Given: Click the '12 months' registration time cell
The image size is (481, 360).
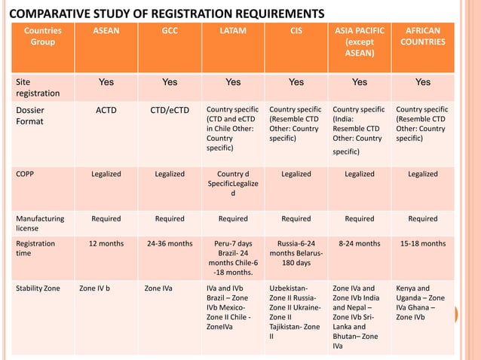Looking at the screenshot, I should tap(106, 243).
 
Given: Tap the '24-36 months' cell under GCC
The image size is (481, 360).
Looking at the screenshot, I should tap(170, 243).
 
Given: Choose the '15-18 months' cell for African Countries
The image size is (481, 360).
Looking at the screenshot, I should tap(423, 243).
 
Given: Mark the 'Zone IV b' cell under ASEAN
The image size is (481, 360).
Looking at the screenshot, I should tap(94, 288).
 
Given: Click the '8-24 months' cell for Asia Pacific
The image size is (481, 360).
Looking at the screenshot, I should tap(360, 243).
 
